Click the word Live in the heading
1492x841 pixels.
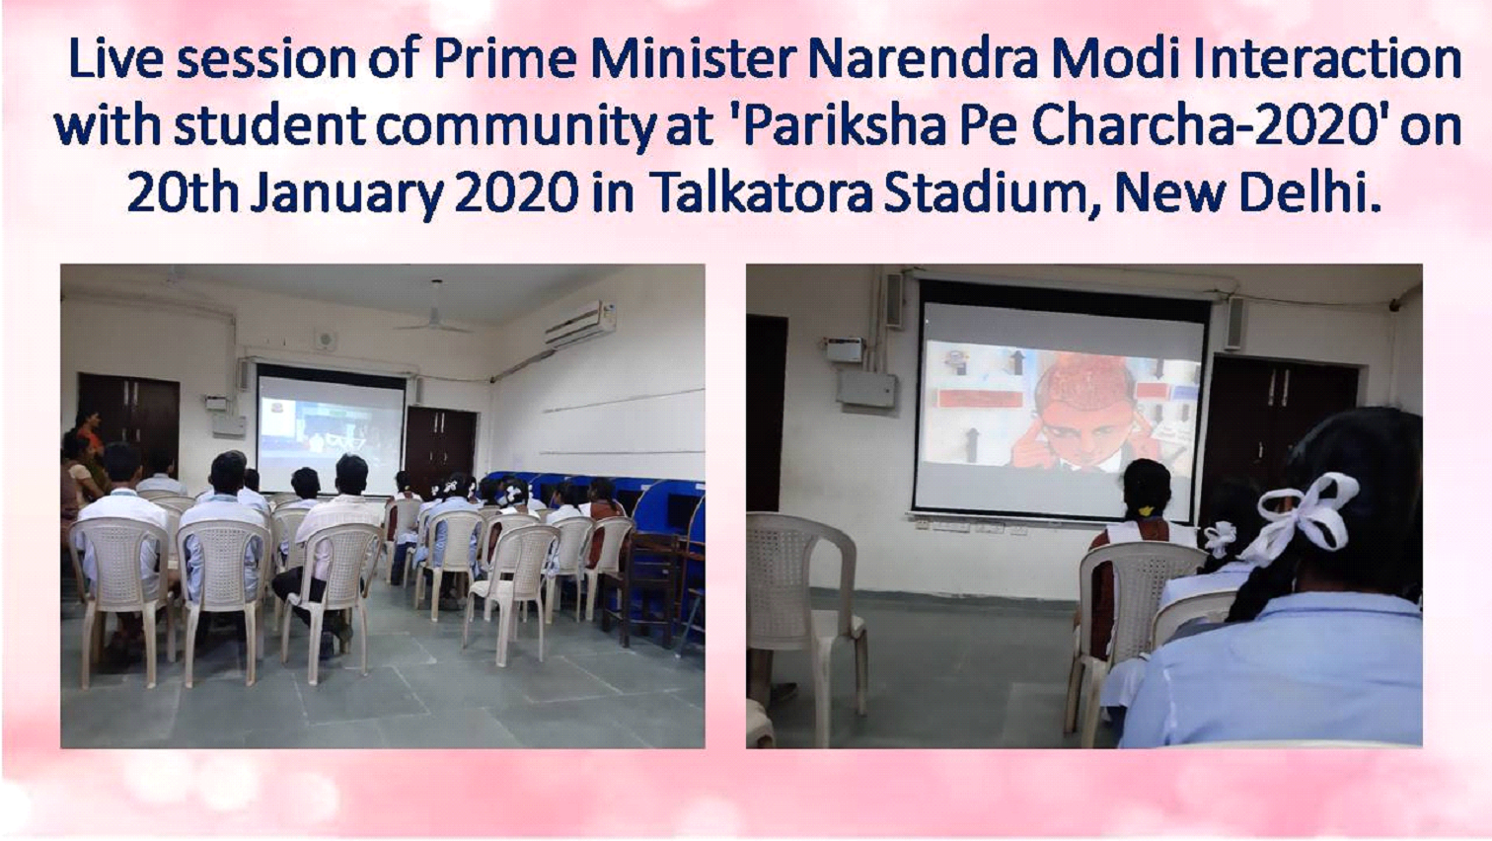click(x=115, y=58)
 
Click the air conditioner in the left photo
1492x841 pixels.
click(x=579, y=324)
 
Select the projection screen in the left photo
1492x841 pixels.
click(x=331, y=434)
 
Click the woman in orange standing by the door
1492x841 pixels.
click(x=93, y=443)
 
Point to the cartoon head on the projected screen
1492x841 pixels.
click(x=1073, y=414)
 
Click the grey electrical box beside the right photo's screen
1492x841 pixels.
click(x=866, y=389)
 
